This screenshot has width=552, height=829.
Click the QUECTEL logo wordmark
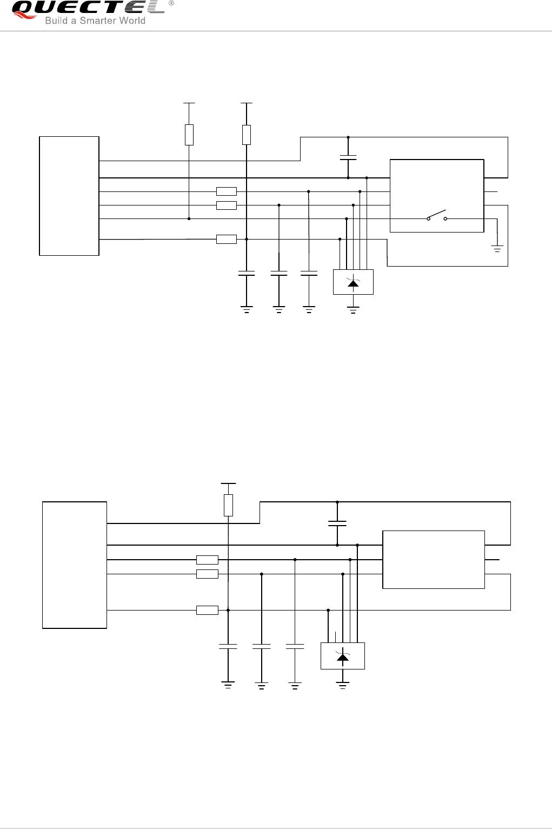pos(87,8)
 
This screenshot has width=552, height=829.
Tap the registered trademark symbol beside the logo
pos(171,3)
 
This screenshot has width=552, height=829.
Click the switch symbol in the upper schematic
pos(437,216)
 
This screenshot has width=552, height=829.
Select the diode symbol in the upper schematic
pos(353,282)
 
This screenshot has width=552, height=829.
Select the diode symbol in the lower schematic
pos(342,656)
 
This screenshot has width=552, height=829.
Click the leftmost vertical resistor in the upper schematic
pos(189,135)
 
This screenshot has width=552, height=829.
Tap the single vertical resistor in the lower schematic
pos(228,505)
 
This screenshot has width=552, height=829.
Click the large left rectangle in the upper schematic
pos(69,196)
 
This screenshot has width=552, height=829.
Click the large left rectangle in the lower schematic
pos(75,565)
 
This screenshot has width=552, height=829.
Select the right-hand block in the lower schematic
pos(434,560)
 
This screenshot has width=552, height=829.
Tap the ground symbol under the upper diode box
pos(353,309)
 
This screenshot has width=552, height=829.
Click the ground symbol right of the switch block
pos(497,249)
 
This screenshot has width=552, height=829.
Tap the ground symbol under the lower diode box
pos(342,685)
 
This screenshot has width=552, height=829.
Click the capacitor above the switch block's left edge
pos(348,157)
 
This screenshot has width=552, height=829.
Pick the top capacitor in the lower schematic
pos(337,523)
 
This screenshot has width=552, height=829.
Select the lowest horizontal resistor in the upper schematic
pos(226,239)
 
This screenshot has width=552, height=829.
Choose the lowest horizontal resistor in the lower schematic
pos(207,610)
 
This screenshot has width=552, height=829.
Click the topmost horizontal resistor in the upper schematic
pos(226,191)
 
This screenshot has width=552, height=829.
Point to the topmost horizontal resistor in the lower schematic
pos(207,560)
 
